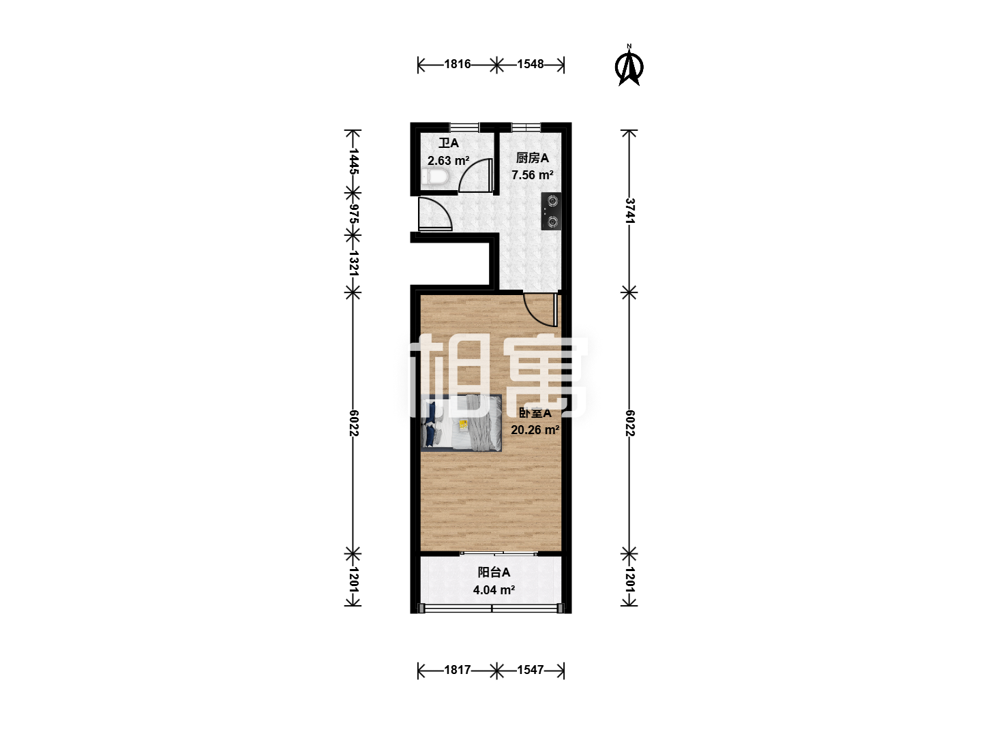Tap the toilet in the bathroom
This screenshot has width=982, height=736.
(x=434, y=177)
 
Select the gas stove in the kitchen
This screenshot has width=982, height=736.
(x=551, y=211)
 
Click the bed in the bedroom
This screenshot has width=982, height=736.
(x=461, y=423)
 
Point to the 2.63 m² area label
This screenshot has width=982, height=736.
(x=448, y=160)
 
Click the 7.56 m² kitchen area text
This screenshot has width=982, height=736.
(x=533, y=174)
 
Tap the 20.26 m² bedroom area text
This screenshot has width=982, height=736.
(x=535, y=430)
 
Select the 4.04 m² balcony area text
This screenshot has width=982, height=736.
(x=494, y=590)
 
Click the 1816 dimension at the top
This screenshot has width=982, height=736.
(x=457, y=64)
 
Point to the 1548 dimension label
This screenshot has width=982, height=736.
(x=530, y=64)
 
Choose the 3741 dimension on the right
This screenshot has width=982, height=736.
(x=629, y=211)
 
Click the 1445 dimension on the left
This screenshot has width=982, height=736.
(x=353, y=162)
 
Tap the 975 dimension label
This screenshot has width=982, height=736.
(x=353, y=214)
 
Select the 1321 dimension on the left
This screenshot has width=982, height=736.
(x=353, y=263)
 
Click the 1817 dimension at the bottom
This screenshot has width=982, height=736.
(x=457, y=670)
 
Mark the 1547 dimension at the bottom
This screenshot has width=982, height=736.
(x=530, y=670)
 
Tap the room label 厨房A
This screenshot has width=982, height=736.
(x=533, y=157)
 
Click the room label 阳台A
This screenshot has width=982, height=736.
(x=494, y=572)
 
